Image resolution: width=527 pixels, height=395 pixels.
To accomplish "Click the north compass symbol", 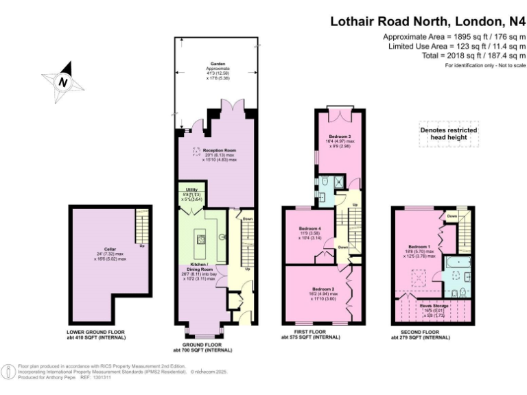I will [x=63, y=81].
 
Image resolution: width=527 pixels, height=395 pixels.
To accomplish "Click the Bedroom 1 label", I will [x=419, y=246].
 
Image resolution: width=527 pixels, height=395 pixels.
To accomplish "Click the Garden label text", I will [x=217, y=64].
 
